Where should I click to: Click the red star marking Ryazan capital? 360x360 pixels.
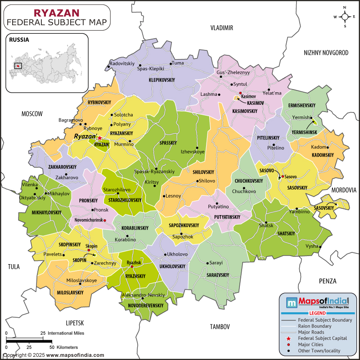pyautogui.click(x=100, y=138)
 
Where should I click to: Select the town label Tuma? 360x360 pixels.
pyautogui.click(x=178, y=63)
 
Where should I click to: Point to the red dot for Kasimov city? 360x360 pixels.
pyautogui.click(x=240, y=93)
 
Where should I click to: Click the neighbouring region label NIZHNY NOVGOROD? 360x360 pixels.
pyautogui.click(x=326, y=53)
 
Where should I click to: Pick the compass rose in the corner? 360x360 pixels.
pyautogui.click(x=345, y=17)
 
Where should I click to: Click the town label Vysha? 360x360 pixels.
pyautogui.click(x=311, y=247)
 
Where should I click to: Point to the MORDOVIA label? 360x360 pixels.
pyautogui.click(x=344, y=190)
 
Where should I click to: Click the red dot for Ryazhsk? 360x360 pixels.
pyautogui.click(x=132, y=266)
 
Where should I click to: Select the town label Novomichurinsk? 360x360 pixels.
pyautogui.click(x=85, y=220)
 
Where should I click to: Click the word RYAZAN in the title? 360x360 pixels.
pyautogui.click(x=57, y=11)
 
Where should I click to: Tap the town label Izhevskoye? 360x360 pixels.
pyautogui.click(x=193, y=152)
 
